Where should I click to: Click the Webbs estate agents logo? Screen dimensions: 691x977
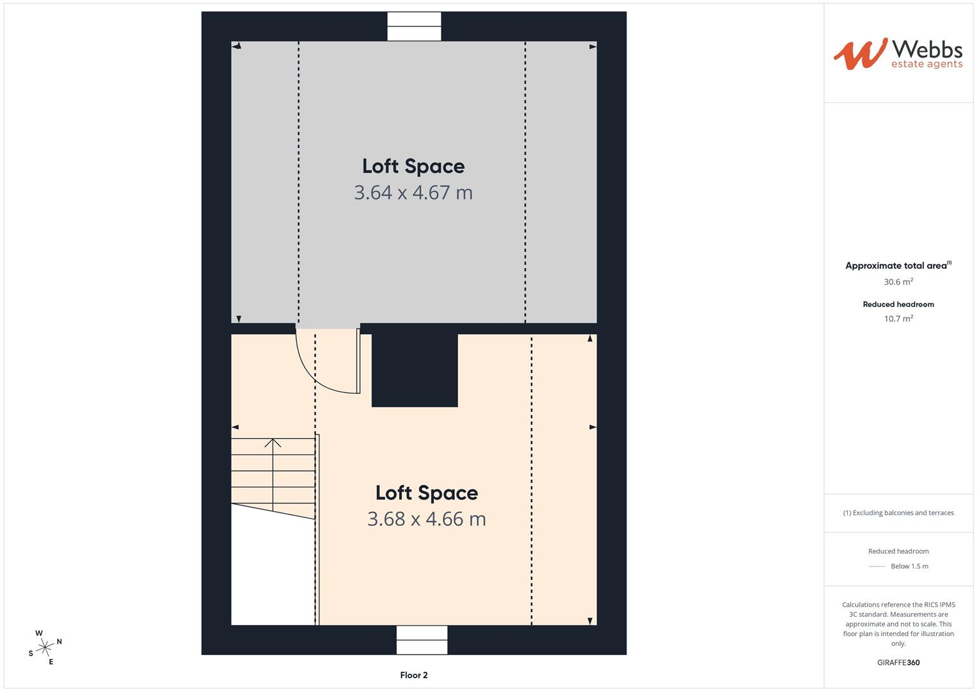pyautogui.click(x=898, y=54)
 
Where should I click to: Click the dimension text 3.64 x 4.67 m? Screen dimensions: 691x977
pyautogui.click(x=413, y=193)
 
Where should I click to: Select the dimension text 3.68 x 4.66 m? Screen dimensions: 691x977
pyautogui.click(x=427, y=519)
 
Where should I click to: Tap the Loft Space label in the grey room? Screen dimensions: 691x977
pyautogui.click(x=413, y=166)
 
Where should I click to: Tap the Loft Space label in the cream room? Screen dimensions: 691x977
pyautogui.click(x=427, y=493)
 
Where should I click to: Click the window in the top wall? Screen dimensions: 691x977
pyautogui.click(x=414, y=26)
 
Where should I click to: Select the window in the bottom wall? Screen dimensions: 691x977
pyautogui.click(x=422, y=640)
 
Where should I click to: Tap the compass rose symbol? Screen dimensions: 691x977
pyautogui.click(x=45, y=647)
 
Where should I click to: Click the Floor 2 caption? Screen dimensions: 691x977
pyautogui.click(x=414, y=675)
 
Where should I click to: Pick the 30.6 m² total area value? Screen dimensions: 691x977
pyautogui.click(x=898, y=282)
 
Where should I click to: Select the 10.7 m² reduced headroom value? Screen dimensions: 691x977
pyautogui.click(x=898, y=319)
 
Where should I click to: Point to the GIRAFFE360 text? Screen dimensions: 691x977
pyautogui.click(x=898, y=663)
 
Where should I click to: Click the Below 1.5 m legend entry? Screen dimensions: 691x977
pyautogui.click(x=909, y=566)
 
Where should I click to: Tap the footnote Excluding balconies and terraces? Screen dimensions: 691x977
pyautogui.click(x=898, y=512)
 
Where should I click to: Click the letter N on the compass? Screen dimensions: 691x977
pyautogui.click(x=60, y=641)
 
